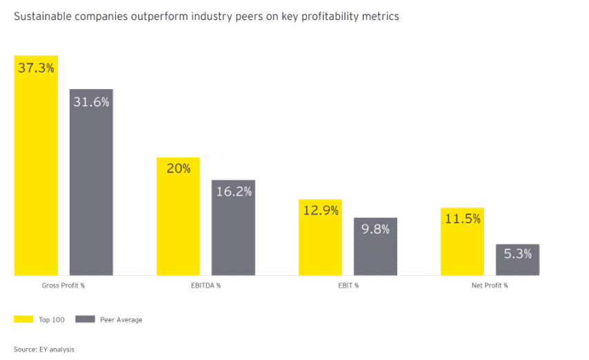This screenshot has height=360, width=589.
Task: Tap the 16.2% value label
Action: [x=233, y=192]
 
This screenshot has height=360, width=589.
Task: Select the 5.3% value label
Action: [x=517, y=254]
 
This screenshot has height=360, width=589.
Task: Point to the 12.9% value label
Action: [x=320, y=210]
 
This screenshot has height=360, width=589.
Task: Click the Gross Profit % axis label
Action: [x=63, y=285]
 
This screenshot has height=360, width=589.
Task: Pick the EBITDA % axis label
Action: [x=205, y=285]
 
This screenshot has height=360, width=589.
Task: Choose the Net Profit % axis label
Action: [x=490, y=285]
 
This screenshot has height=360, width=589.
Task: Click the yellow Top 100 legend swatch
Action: [x=23, y=319]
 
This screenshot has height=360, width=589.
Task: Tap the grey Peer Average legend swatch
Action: [x=84, y=319]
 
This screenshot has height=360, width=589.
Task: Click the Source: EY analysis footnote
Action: [x=44, y=349]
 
